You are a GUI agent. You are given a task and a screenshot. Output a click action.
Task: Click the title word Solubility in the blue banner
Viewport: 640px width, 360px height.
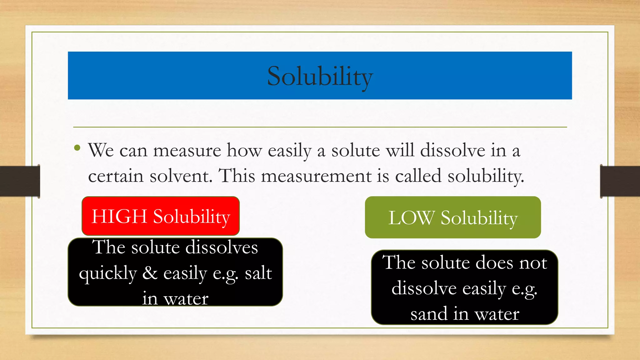pos(320,77)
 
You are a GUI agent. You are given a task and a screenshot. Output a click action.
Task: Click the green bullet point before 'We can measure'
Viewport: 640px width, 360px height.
pos(77,147)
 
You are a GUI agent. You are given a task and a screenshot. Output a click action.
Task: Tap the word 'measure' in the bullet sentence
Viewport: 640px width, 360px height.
pos(187,151)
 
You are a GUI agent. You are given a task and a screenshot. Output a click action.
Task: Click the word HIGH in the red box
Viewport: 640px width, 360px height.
pos(119,216)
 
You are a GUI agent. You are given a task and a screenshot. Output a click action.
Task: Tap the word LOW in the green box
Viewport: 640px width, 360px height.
pos(411,218)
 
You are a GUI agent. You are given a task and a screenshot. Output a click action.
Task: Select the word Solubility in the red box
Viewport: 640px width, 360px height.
pos(192,217)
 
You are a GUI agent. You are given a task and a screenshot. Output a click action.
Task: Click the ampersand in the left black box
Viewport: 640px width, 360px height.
pos(150,273)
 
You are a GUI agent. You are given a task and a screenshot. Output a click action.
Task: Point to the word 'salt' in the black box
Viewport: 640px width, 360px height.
pos(258,273)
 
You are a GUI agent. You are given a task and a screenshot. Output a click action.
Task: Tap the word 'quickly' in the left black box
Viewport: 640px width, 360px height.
pos(108,274)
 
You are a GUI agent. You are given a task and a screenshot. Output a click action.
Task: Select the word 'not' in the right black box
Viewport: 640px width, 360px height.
pos(533,262)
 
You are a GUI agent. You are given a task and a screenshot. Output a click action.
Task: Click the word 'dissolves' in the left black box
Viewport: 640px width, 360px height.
pos(222,247)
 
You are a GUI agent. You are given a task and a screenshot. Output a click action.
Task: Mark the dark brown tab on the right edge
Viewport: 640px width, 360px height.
pos(620,181)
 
